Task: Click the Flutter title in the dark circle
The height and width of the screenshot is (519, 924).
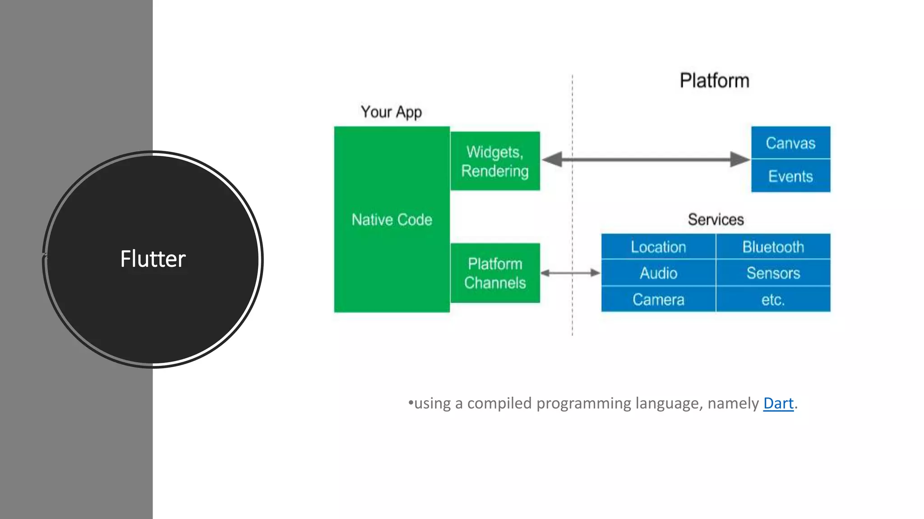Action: [153, 259]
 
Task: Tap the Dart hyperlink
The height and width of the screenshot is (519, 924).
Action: [778, 403]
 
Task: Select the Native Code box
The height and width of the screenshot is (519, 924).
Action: [392, 219]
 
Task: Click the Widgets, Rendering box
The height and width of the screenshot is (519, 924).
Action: [495, 161]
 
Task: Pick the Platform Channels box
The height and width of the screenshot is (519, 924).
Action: [495, 273]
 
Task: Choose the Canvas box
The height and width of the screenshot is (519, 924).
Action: [790, 143]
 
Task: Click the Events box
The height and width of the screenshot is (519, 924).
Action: [790, 176]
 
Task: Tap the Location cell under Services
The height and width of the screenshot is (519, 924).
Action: [658, 247]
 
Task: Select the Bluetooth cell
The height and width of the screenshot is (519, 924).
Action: [773, 247]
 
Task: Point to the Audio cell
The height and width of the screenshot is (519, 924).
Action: [658, 273]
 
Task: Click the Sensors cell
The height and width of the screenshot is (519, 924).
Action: [773, 273]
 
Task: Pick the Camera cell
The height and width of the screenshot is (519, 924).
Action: [658, 300]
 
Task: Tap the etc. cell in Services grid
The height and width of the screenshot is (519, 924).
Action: [773, 300]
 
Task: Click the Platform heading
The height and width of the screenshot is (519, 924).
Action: [714, 81]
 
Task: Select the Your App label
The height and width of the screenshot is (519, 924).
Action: [391, 112]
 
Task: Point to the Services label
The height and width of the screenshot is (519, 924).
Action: [716, 219]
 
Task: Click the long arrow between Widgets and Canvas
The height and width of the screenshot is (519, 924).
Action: [645, 159]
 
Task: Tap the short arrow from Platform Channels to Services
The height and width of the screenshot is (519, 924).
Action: [570, 273]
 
